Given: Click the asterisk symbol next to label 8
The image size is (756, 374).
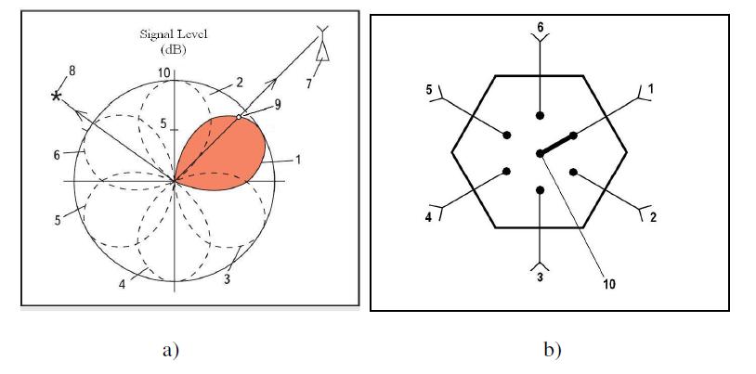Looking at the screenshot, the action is (x=57, y=97).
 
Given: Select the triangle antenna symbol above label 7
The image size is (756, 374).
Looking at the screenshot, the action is (x=323, y=51).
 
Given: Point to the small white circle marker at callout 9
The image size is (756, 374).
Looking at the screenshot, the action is (x=239, y=117).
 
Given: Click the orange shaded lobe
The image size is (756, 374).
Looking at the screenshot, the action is (x=222, y=153).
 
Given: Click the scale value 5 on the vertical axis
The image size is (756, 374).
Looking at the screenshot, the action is (x=163, y=124).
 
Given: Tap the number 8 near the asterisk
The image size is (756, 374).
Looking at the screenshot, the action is (x=72, y=71).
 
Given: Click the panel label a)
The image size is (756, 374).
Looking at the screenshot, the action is (x=171, y=351).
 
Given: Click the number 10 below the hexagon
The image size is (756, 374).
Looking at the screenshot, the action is (x=609, y=284).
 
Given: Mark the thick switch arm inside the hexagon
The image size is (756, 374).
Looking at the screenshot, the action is (x=557, y=144).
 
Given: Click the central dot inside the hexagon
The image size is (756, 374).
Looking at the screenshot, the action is (x=540, y=153).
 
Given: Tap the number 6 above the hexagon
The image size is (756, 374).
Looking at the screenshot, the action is (x=541, y=27).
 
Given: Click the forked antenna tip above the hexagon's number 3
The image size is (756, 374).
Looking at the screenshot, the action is (x=540, y=265).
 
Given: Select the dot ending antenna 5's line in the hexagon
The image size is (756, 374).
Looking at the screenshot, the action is (x=507, y=135).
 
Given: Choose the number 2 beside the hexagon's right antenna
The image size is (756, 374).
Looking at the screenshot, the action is (x=653, y=217).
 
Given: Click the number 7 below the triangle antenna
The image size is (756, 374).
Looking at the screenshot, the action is (x=309, y=84).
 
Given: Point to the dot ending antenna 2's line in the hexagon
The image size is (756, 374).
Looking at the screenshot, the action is (x=573, y=172).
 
